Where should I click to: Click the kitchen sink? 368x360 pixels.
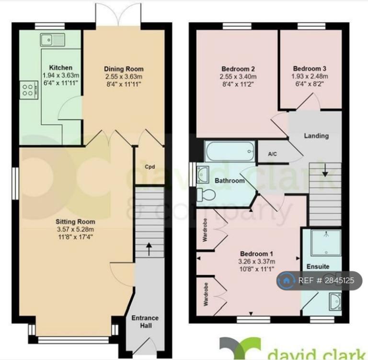pyautogui.click(x=52, y=40)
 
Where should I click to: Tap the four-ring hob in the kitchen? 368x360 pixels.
pyautogui.click(x=29, y=90)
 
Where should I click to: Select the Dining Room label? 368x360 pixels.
pyautogui.click(x=124, y=69)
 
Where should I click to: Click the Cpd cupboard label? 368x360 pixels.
pyautogui.click(x=149, y=167)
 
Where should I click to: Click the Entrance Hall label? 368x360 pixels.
pyautogui.click(x=145, y=322)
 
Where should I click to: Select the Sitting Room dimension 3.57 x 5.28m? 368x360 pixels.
pyautogui.click(x=75, y=230)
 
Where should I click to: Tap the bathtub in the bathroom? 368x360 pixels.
pyautogui.click(x=230, y=151)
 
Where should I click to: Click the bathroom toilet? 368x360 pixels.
pyautogui.click(x=207, y=195)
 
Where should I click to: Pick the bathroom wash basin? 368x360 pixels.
pyautogui.click(x=203, y=174)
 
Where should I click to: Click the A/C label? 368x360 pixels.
pyautogui.click(x=272, y=154)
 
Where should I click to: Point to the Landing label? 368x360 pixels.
pyautogui.click(x=316, y=136)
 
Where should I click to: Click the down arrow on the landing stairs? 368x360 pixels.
pyautogui.click(x=325, y=170)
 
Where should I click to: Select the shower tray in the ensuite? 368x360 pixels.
pyautogui.click(x=326, y=243)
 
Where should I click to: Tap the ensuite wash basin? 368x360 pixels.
pyautogui.click(x=335, y=302)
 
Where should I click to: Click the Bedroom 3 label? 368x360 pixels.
pyautogui.click(x=310, y=69)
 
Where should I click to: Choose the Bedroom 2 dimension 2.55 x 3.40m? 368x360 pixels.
pyautogui.click(x=238, y=77)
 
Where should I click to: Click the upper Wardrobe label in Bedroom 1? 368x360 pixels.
pyautogui.click(x=205, y=230)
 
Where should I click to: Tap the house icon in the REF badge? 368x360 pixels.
pyautogui.click(x=286, y=280)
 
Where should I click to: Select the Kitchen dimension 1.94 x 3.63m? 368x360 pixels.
pyautogui.click(x=61, y=75)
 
